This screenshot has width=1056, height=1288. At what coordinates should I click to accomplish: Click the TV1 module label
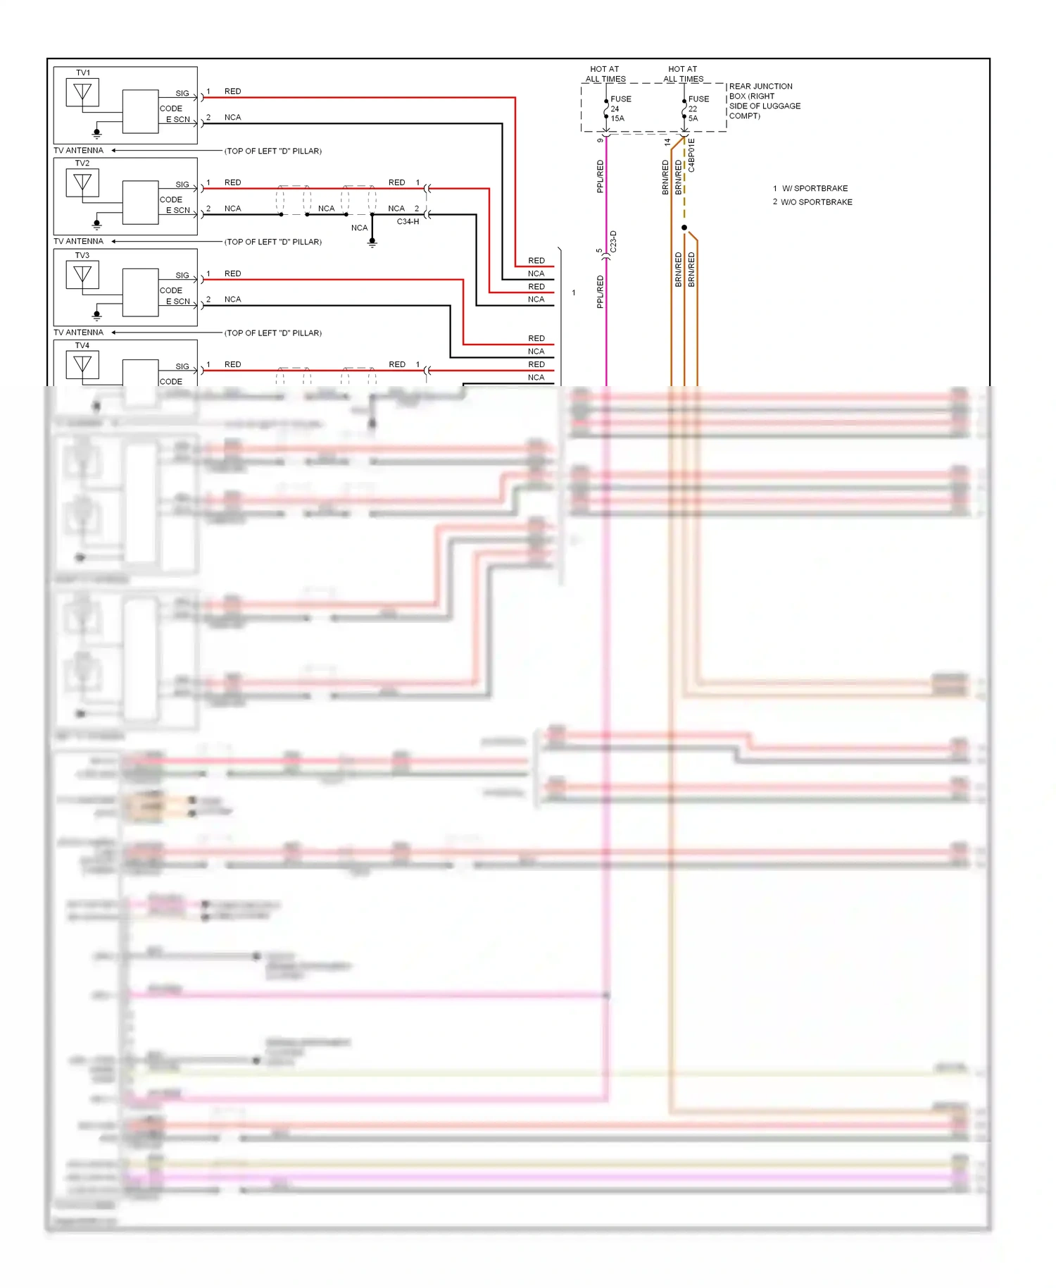coord(83,73)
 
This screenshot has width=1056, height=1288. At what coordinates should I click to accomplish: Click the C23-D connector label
coord(613,242)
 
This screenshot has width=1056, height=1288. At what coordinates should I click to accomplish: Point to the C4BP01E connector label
coord(692,155)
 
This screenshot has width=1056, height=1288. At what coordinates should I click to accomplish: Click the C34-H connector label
coord(408,221)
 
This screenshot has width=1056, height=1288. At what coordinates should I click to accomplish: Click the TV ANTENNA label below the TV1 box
coord(78,150)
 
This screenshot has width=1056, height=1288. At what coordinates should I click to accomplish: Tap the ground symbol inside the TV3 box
coord(97,315)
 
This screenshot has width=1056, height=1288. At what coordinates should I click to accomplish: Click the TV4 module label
coord(82,345)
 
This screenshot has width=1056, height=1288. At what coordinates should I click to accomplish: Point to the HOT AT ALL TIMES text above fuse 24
coord(605,74)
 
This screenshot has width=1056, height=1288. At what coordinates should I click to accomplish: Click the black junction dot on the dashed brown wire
coord(684,228)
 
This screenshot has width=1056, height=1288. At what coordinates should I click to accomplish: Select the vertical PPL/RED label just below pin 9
coord(601,176)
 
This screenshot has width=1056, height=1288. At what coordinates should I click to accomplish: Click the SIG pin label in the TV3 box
coord(182,275)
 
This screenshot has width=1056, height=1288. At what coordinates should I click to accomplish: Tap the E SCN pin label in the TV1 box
coord(178,120)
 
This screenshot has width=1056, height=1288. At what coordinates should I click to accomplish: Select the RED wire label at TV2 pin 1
coord(232,182)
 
